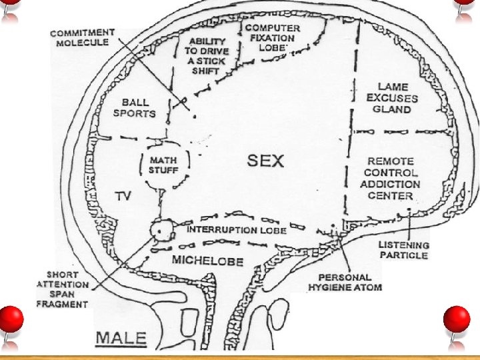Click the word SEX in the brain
[265, 161]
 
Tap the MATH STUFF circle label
[163, 165]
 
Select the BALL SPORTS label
[135, 108]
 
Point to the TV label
[123, 196]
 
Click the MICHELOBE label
[207, 261]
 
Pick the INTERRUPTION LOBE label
[237, 230]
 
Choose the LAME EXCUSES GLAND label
[392, 98]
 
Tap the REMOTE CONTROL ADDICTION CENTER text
[390, 179]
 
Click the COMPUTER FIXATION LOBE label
[273, 38]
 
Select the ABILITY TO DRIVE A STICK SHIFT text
[207, 56]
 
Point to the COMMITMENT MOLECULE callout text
[83, 37]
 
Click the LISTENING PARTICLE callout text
[404, 250]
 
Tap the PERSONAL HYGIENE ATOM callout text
[345, 282]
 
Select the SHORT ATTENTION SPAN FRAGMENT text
[63, 289]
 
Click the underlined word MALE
[121, 339]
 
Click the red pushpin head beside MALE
[11, 319]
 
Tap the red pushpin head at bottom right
[457, 319]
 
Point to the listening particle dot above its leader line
[409, 210]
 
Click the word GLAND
[392, 109]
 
